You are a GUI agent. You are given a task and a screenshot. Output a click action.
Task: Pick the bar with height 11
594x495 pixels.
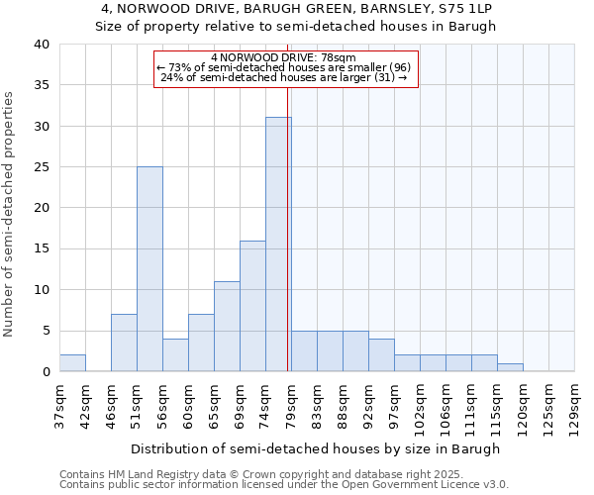coord(227,327)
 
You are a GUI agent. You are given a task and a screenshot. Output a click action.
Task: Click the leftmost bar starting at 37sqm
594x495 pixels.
coord(72,363)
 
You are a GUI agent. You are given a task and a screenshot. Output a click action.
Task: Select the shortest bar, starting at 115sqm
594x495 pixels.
coord(510,367)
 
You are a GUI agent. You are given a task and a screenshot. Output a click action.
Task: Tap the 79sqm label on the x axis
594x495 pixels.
coord(291,406)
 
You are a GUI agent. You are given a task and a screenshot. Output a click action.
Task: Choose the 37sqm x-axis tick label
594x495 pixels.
coord(59,406)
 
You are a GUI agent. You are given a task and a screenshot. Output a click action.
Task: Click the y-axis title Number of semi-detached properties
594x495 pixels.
coord(10,214)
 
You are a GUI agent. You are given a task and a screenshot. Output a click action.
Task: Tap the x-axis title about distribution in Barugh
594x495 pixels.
coord(315,448)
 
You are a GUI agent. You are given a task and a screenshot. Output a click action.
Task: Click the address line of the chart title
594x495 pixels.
coord(296,9)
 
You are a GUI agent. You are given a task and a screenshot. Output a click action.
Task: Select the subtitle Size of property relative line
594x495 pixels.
coord(296,27)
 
